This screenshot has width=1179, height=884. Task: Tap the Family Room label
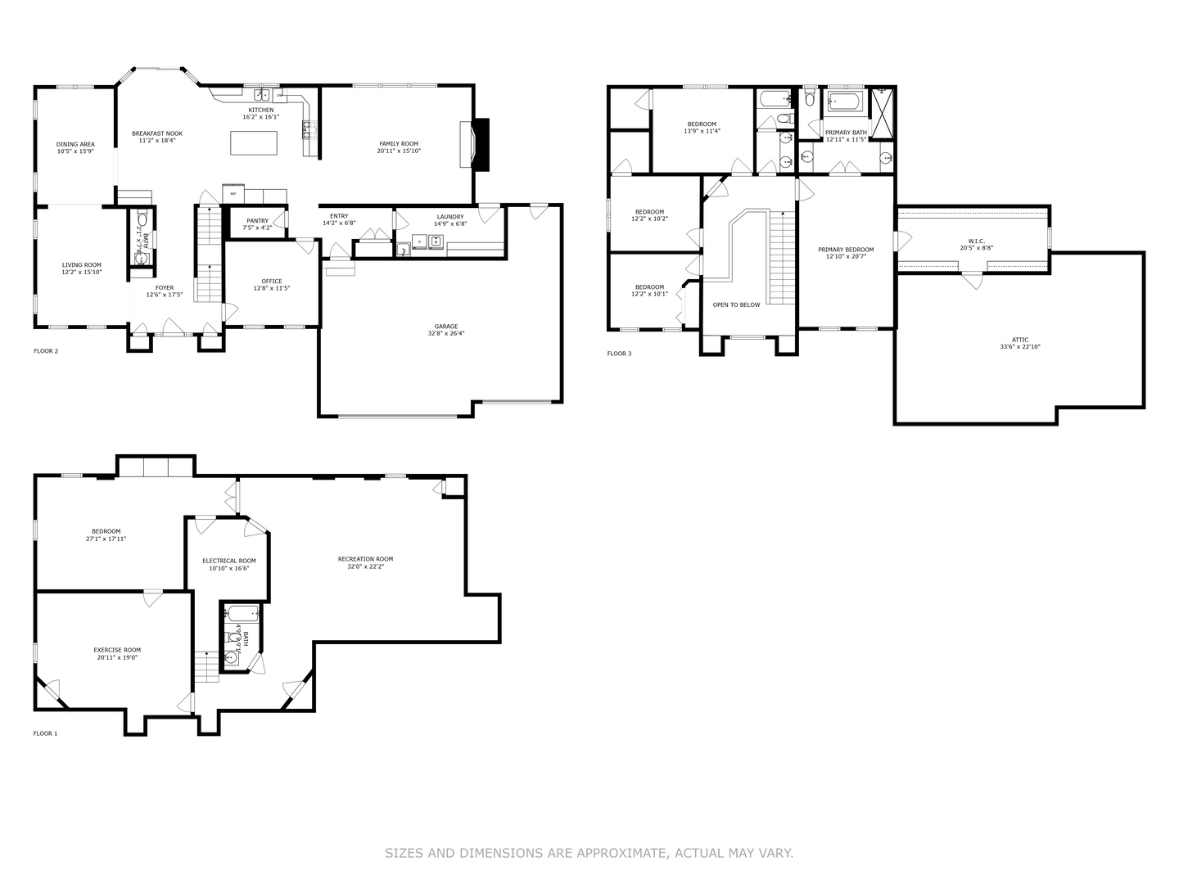tap(399, 143)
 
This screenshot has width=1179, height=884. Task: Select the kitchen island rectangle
tap(254, 143)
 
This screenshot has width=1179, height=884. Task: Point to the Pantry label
tap(257, 220)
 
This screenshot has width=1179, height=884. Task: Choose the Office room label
tap(272, 282)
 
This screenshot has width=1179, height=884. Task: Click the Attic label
tap(1019, 340)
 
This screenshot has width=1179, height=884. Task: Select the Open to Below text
tap(736, 304)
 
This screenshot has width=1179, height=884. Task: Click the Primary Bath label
tap(846, 133)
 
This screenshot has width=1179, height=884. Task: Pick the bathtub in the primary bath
tap(845, 103)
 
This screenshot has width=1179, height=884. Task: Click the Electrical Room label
tap(229, 561)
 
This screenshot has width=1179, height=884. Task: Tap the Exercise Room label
tap(117, 650)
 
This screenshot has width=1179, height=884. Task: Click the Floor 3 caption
tap(619, 354)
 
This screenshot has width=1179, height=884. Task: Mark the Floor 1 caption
tap(45, 733)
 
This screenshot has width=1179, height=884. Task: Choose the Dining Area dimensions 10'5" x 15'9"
tap(75, 151)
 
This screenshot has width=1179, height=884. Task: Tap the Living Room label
tap(82, 264)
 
